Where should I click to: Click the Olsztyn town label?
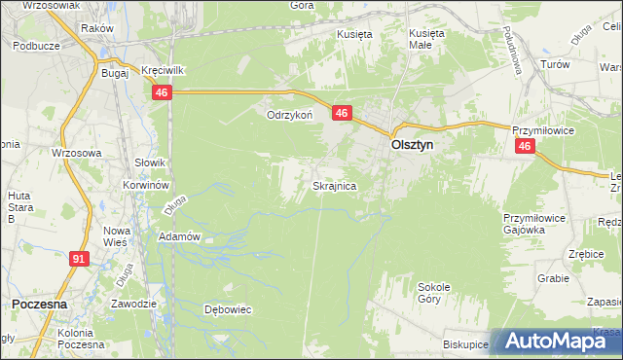click(412, 144)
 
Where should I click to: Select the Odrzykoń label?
click(289, 114)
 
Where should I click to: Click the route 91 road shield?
click(80, 259)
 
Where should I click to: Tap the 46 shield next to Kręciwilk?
click(162, 91)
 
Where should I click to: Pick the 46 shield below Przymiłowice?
click(525, 146)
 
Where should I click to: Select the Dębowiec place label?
click(227, 310)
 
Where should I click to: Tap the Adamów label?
click(179, 236)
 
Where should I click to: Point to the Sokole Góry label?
click(434, 293)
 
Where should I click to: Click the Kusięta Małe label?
click(425, 38)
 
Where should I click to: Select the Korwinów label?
click(146, 184)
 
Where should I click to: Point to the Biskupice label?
click(464, 344)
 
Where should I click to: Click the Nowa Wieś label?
click(117, 237)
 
